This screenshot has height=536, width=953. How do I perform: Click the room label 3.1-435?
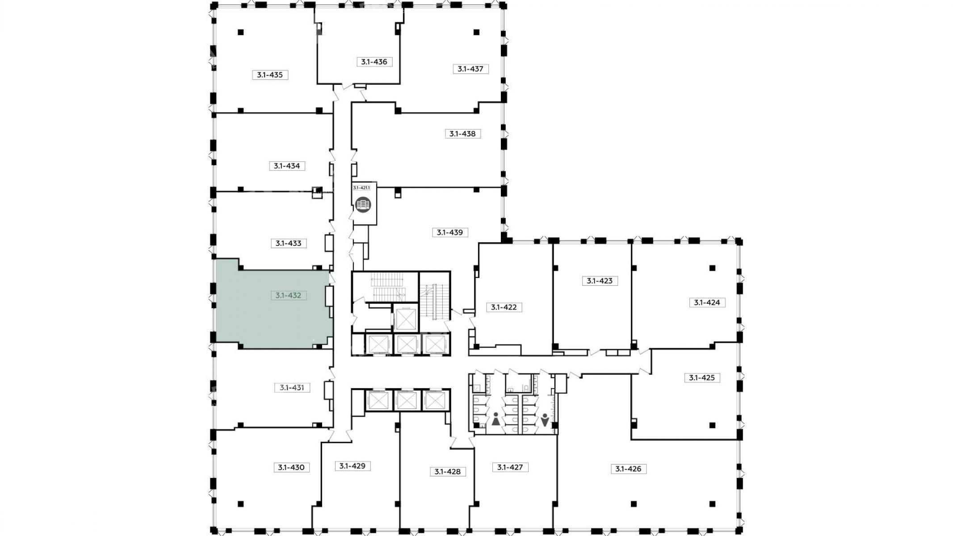coord(270,75)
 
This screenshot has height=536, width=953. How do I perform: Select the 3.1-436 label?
coord(374,62)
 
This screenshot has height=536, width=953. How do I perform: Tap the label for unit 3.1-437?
coord(470,69)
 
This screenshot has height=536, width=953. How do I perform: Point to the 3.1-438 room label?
coord(462,134)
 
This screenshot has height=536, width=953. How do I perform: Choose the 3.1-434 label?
coord(287,166)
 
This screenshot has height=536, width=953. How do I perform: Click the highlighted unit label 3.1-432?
coord(288,295)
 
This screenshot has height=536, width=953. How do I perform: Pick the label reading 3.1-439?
coord(450,232)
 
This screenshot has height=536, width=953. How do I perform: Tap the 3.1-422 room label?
coord(504,307)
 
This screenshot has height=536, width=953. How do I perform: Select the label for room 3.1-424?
coord(707,302)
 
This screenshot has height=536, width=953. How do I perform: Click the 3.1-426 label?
coord(628,469)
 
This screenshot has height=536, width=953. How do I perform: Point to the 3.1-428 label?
coord(447,472)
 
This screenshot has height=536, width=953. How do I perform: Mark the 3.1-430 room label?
coord(291,468)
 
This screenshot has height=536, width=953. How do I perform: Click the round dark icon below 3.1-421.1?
coord(363,205)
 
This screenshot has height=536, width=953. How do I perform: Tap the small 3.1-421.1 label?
coord(361,188)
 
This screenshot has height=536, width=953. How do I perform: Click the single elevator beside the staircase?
coord(406,319)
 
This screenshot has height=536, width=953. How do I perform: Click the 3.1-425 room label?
coord(702,378)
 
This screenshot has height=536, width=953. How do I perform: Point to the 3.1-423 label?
coord(600,281)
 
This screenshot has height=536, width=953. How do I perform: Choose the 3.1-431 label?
coord(292,388)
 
